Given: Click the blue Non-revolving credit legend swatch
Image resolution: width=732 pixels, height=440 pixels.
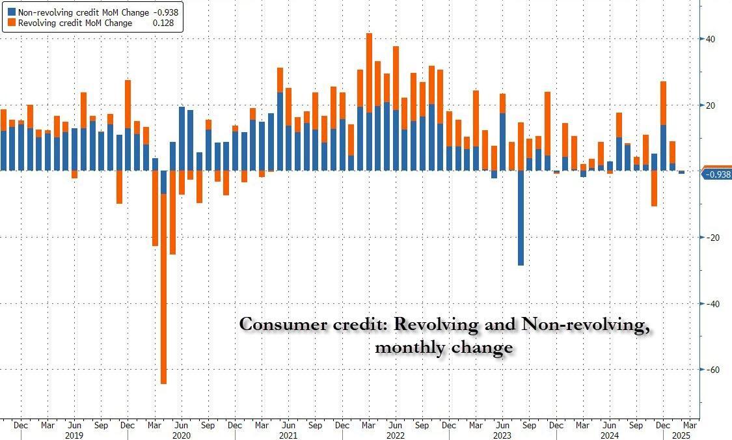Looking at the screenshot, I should pyautogui.click(x=12, y=12).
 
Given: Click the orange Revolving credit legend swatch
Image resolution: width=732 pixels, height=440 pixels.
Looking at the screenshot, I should pyautogui.click(x=12, y=23).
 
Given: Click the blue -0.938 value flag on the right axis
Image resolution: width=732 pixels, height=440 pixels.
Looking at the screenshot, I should pyautogui.click(x=717, y=174).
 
